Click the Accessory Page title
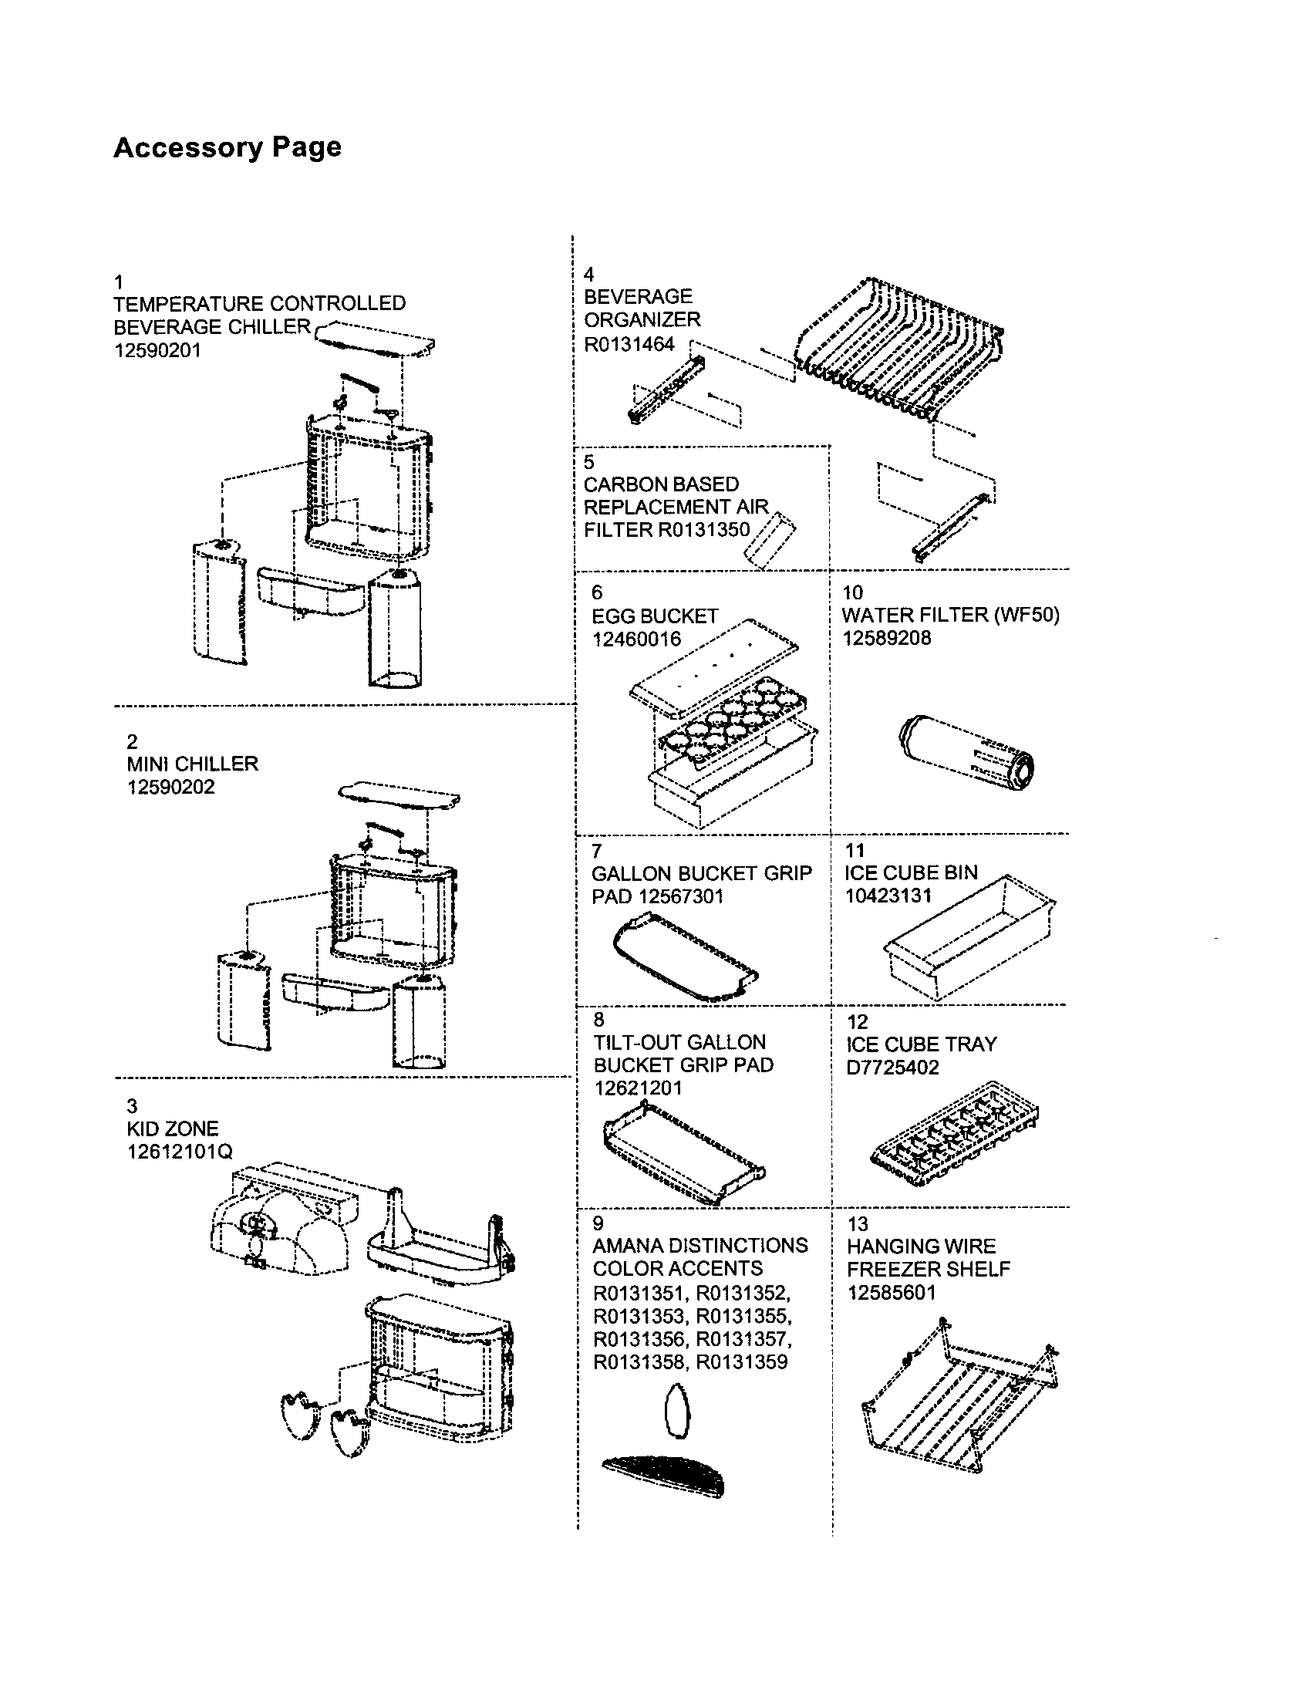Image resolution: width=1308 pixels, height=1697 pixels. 227,147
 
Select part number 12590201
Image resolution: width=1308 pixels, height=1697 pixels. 157,350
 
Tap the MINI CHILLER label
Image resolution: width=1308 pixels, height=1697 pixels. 192,763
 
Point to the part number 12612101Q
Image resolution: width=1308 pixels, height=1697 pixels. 180,1151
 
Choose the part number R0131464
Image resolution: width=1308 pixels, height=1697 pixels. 629,344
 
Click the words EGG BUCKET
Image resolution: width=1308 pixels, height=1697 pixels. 654,616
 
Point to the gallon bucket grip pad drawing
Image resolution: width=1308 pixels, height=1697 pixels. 683,957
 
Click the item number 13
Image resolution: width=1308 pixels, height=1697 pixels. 857,1224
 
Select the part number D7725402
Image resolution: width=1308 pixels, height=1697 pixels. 892,1067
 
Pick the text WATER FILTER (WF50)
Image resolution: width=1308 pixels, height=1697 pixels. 949,615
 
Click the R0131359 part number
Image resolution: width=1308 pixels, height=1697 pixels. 741,1361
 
